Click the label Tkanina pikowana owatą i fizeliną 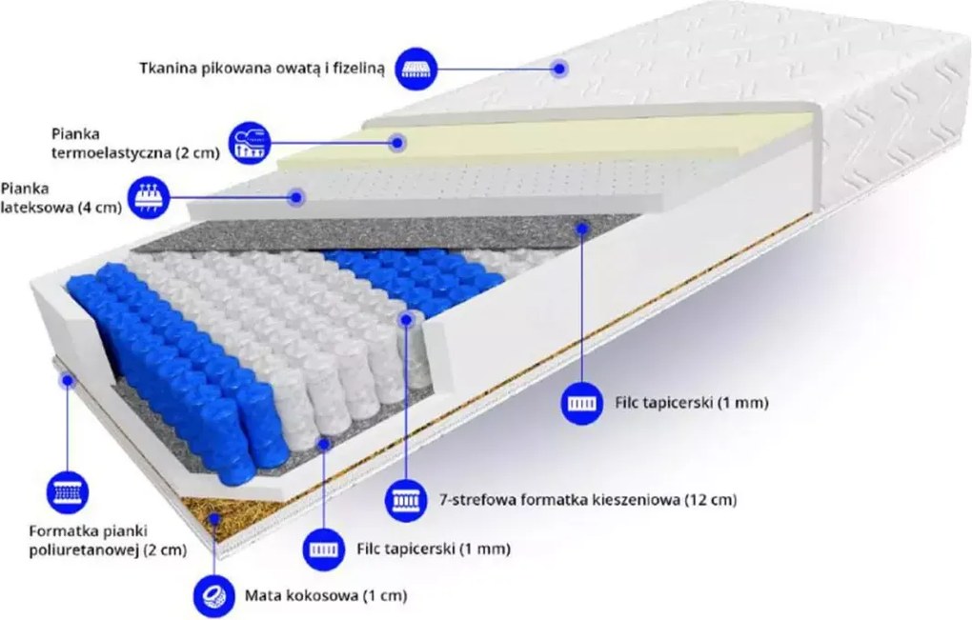(262, 69)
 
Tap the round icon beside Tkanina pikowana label (415, 68)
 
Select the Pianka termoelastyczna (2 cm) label (135, 143)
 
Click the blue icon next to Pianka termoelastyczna (250, 143)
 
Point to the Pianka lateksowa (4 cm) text (61, 197)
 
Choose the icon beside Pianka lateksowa (149, 197)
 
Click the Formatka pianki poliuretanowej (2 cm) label (108, 540)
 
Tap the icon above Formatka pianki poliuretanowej (68, 493)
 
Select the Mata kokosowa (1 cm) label (326, 596)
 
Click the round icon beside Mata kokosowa (214, 596)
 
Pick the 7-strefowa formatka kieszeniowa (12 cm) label (588, 499)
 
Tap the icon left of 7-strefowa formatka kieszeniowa (407, 499)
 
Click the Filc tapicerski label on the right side (692, 403)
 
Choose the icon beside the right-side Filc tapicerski (582, 404)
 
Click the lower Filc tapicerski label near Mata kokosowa (434, 549)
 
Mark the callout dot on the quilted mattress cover (559, 69)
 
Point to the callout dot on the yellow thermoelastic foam (397, 143)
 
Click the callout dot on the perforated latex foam (297, 197)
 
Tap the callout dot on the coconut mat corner (214, 519)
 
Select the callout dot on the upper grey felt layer (582, 229)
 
